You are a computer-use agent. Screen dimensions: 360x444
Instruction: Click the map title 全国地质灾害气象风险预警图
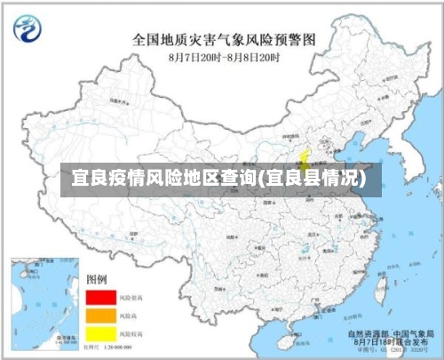[224, 39]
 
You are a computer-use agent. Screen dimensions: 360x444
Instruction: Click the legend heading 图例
[96, 280]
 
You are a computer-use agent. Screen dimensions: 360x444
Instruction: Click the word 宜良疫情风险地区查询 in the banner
[159, 179]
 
